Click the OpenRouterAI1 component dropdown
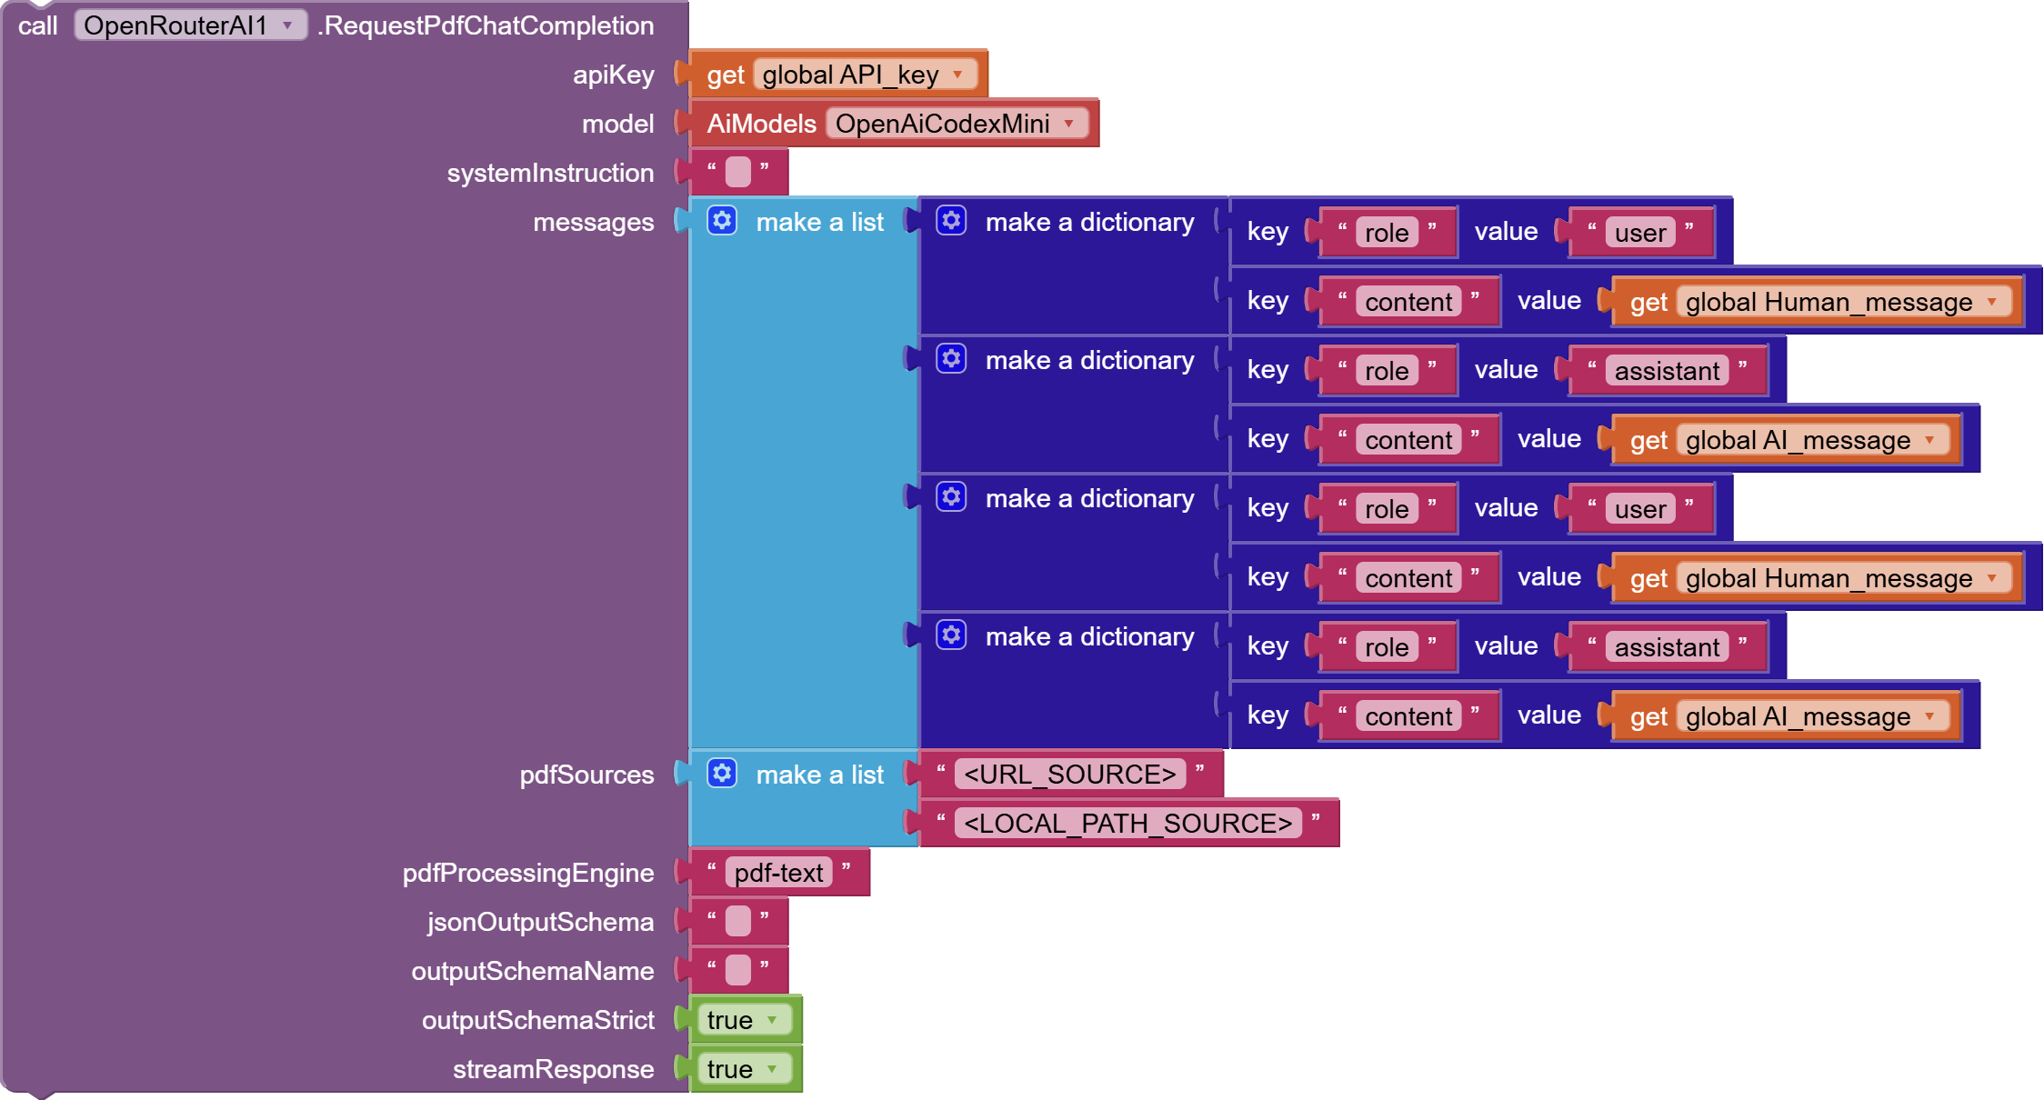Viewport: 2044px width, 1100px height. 189,25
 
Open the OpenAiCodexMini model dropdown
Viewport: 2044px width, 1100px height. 956,124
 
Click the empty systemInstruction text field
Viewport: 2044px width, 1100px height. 738,172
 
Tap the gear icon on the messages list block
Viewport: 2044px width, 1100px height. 722,221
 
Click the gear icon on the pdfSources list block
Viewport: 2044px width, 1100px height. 722,774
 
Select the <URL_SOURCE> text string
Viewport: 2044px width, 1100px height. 1069,775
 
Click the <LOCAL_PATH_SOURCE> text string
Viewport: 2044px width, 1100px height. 1127,824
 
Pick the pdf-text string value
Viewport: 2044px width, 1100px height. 778,873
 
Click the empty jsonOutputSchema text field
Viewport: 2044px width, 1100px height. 738,921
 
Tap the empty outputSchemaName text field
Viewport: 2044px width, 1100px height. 738,970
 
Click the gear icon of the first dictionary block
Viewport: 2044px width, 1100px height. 951,221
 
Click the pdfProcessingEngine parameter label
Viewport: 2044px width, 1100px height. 527,873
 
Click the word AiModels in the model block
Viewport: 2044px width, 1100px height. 761,124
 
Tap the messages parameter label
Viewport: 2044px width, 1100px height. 593,222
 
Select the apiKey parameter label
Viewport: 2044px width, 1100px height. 613,75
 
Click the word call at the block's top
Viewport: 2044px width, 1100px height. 37,25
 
